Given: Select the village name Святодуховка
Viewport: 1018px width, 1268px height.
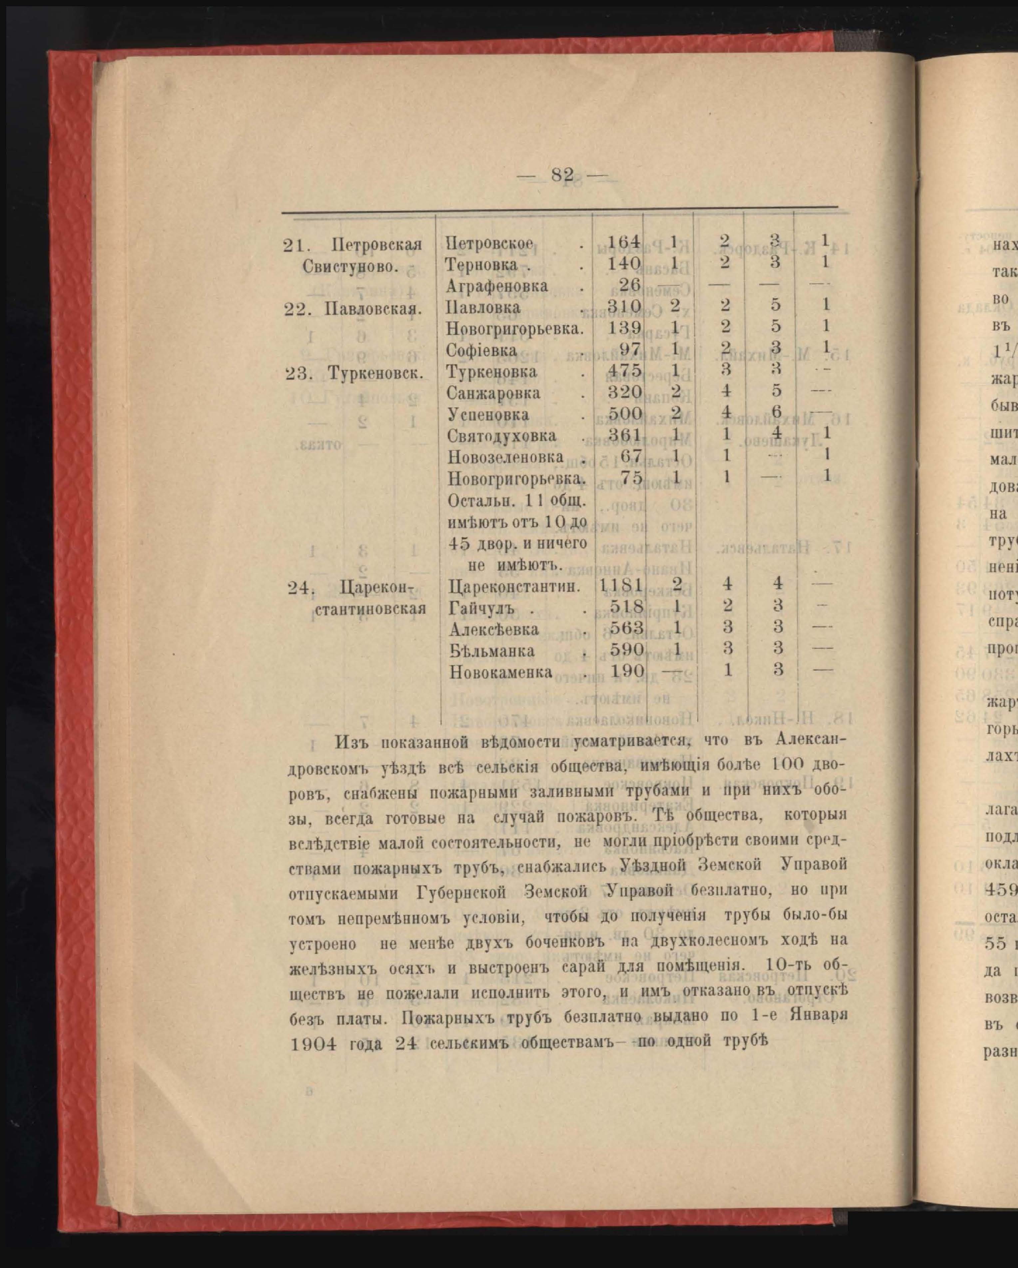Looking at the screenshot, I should (x=502, y=436).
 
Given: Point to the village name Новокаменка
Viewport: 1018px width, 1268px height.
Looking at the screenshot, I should (x=501, y=672).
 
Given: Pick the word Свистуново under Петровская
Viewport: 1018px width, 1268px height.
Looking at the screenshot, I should (x=351, y=266).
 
